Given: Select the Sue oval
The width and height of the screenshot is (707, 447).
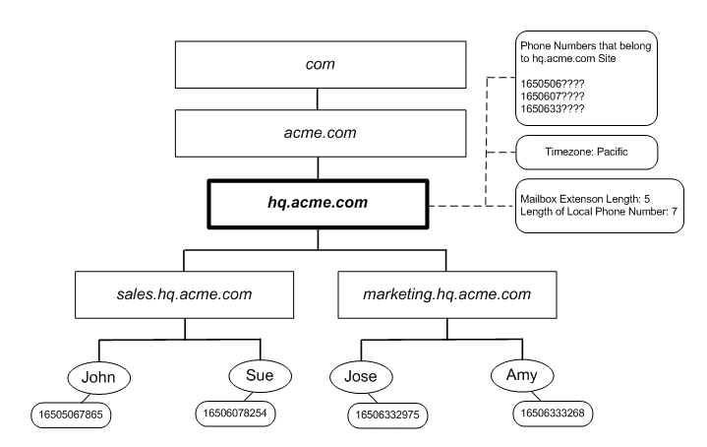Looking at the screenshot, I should pos(261,374).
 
